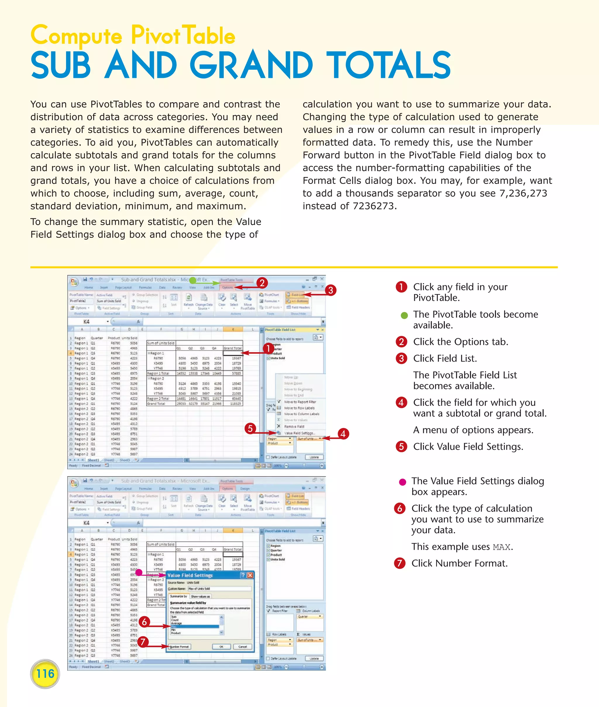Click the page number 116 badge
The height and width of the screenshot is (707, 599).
[x=45, y=674]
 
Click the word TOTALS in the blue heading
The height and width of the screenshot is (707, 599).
[x=388, y=65]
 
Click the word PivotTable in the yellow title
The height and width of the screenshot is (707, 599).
[x=183, y=35]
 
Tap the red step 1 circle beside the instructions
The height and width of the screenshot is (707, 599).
[x=401, y=287]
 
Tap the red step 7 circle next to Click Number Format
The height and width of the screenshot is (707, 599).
[x=400, y=563]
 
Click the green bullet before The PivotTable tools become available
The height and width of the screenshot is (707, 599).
[x=404, y=315]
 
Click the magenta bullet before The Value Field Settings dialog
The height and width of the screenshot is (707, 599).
[x=402, y=482]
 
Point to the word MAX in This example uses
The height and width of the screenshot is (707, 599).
[x=501, y=547]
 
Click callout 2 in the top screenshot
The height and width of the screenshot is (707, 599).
[x=262, y=283]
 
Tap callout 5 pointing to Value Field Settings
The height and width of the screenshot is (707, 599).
[x=250, y=428]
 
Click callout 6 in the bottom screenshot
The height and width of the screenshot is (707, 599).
[x=144, y=622]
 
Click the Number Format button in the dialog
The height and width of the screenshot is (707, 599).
[x=180, y=646]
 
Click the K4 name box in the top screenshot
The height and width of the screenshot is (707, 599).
[x=87, y=321]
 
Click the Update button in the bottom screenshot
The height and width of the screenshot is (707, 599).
[x=314, y=658]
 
